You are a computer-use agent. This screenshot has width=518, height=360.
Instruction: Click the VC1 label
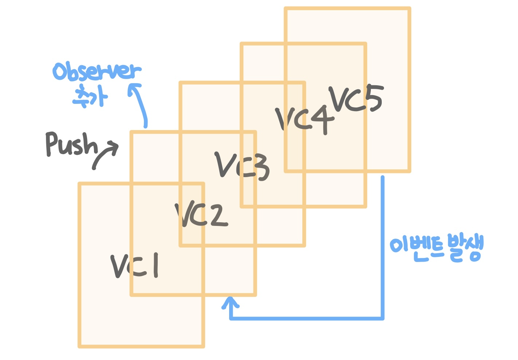pyautogui.click(x=135, y=266)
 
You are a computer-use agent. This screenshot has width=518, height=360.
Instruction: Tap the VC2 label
pyautogui.click(x=201, y=215)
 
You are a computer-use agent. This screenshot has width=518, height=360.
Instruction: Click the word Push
pyautogui.click(x=71, y=144)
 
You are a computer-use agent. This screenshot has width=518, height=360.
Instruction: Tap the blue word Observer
pyautogui.click(x=97, y=71)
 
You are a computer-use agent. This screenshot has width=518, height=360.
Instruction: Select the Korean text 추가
pyautogui.click(x=90, y=97)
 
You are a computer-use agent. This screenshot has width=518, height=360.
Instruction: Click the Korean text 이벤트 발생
pyautogui.click(x=436, y=249)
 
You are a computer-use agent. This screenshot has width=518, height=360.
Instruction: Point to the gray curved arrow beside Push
pyautogui.click(x=106, y=155)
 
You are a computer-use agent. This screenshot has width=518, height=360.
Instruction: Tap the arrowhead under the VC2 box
pyautogui.click(x=230, y=302)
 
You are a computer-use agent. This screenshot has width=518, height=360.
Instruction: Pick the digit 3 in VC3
pyautogui.click(x=259, y=168)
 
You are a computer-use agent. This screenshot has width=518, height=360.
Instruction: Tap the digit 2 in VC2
pyautogui.click(x=219, y=216)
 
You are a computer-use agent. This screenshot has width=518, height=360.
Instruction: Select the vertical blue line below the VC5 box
pyautogui.click(x=382, y=248)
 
